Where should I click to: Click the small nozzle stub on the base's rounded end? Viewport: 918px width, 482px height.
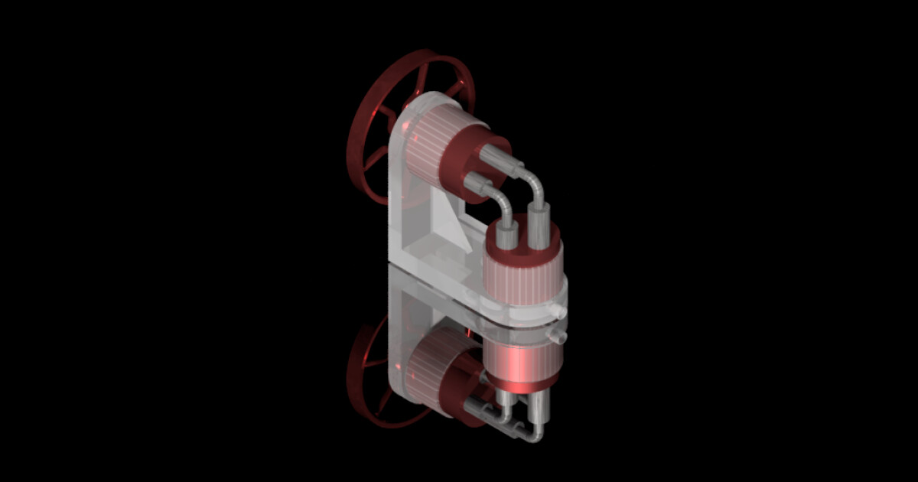tap(561, 312)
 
